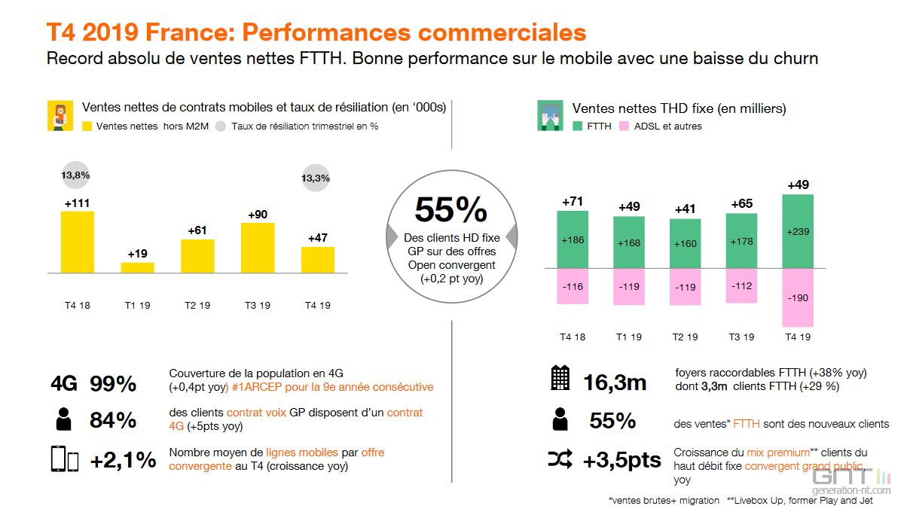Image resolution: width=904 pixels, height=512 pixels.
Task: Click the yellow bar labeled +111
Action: point(77,241)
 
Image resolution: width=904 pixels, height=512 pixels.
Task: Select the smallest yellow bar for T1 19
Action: point(138,267)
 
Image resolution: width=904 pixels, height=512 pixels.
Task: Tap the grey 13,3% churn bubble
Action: point(315,178)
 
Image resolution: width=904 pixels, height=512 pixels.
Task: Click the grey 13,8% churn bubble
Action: point(75,175)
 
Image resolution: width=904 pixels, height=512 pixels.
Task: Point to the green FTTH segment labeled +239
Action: point(799,231)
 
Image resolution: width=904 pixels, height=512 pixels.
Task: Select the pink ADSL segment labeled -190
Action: point(799,297)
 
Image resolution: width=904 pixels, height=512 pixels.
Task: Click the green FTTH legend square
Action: point(578,126)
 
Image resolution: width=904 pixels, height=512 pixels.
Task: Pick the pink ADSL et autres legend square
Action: point(624,126)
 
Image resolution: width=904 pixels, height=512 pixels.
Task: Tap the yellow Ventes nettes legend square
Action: point(87,126)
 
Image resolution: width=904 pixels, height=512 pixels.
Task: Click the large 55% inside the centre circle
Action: point(451,211)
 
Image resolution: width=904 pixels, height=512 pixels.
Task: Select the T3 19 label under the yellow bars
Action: point(258,306)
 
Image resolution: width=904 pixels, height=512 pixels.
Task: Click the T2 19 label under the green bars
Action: point(685,337)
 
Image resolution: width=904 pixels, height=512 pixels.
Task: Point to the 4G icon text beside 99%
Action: point(64,383)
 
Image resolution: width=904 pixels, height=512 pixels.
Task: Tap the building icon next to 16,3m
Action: point(560,378)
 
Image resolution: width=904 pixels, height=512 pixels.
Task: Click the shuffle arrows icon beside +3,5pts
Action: point(560,459)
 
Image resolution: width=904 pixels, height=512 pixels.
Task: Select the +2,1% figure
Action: point(123,459)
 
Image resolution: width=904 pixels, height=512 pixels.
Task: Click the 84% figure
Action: point(113,420)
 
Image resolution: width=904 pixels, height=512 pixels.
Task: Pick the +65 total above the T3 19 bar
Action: point(741,203)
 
